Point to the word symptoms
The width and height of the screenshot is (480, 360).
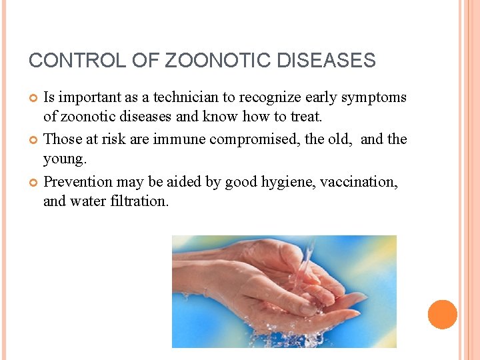click(x=374, y=97)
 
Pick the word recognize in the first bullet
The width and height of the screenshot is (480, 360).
click(x=269, y=97)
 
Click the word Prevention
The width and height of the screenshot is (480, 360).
click(x=78, y=181)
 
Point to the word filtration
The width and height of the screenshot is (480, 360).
click(x=138, y=201)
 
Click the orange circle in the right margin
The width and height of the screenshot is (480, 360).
click(x=442, y=315)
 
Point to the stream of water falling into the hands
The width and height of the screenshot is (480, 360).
click(x=305, y=263)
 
